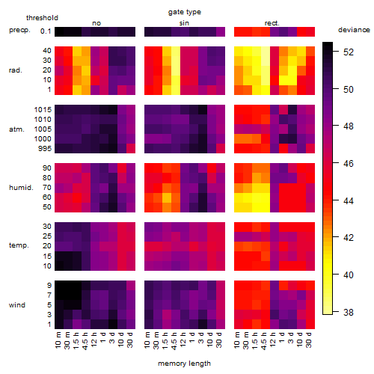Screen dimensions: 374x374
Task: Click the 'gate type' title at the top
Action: pos(185,12)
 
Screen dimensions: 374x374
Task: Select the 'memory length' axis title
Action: pos(185,364)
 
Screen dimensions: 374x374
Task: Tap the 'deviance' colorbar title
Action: pos(354,30)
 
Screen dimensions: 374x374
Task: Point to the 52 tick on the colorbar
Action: pos(349,52)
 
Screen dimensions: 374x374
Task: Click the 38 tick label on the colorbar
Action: pos(349,312)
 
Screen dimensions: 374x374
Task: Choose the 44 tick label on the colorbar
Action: pos(349,200)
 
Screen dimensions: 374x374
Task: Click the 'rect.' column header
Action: pos(272,23)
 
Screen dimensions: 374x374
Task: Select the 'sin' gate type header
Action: pos(184,23)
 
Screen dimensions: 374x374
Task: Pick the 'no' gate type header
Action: pos(96,23)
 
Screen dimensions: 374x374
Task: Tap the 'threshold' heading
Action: pos(42,18)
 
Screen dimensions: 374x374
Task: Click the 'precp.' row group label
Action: pos(19,30)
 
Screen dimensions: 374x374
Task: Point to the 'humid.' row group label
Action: pos(21,188)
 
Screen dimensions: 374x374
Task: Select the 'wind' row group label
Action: pos(17,305)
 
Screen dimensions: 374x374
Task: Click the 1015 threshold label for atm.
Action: pos(43,110)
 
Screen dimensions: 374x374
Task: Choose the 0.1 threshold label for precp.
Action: pos(46,31)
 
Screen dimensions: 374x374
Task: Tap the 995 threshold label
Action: pos(45,149)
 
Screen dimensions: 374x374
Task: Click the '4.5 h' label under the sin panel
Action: pos(174,340)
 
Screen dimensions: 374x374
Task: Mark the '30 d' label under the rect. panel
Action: pos(309,340)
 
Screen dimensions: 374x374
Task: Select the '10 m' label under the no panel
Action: pos(58,340)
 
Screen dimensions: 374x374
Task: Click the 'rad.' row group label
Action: pos(16,70)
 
